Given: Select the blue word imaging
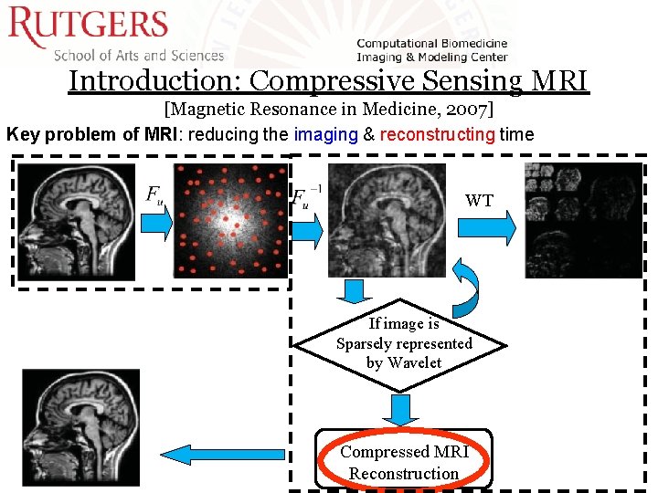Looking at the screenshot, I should tap(325, 134).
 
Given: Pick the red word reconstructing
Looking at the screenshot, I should tap(437, 134).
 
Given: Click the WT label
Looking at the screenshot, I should tap(479, 200).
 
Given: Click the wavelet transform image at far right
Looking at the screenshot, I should tap(584, 220).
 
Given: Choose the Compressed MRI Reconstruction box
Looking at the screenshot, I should tap(403, 461).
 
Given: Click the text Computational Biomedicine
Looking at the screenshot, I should tap(431, 43).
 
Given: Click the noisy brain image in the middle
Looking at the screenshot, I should tap(375, 220).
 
